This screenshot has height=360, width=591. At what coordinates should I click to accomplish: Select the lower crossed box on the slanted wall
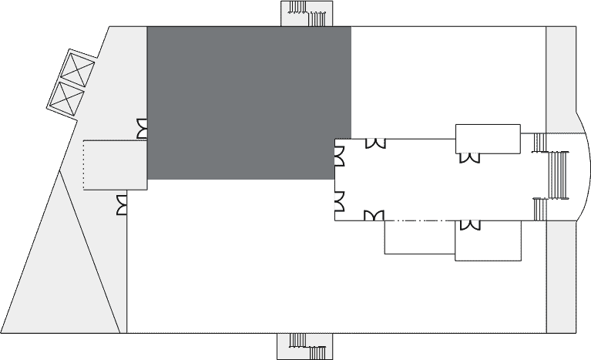point(66,98)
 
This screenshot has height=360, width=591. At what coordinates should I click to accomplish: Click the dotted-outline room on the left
point(114,164)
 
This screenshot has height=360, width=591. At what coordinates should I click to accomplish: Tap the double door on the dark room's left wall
point(142,129)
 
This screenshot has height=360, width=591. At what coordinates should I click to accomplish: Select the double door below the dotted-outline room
point(122,205)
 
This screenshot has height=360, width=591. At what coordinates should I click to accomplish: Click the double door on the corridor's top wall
point(375,143)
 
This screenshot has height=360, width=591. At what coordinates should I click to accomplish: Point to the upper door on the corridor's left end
point(339,156)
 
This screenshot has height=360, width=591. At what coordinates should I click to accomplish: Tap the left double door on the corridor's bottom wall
point(374,216)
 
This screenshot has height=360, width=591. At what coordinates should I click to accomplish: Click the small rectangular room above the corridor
point(488,138)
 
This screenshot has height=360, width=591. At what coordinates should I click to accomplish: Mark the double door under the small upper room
point(468,157)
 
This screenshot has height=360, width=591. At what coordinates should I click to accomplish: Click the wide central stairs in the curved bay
point(557,175)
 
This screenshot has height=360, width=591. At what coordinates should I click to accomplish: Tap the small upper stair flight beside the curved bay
point(539,143)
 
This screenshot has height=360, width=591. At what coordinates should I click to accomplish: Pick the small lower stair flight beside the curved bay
point(539,209)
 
